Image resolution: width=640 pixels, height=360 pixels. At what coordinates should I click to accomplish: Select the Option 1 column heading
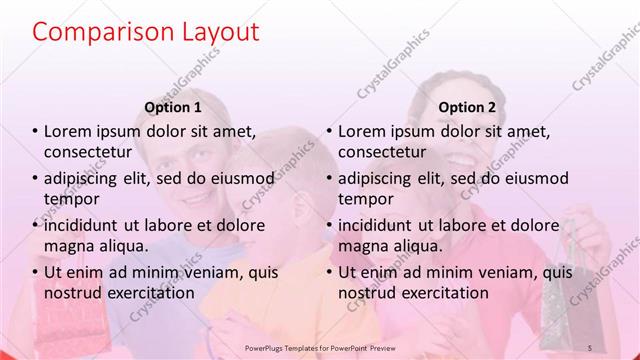(x=173, y=107)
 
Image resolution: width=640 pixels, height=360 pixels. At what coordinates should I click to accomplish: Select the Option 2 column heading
(x=466, y=107)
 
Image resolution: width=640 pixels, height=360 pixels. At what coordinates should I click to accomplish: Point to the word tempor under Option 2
(x=366, y=198)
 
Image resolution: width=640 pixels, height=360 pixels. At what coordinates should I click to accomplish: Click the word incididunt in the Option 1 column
(x=86, y=225)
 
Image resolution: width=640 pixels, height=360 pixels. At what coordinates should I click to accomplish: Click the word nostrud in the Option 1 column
(x=69, y=292)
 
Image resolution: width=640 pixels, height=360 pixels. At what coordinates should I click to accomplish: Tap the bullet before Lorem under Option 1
(x=36, y=131)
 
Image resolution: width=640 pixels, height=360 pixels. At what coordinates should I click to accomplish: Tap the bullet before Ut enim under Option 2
(x=329, y=272)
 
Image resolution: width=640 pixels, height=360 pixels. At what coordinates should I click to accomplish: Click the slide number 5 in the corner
(x=590, y=347)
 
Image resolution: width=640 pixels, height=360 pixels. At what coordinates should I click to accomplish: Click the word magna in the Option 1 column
(x=67, y=245)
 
